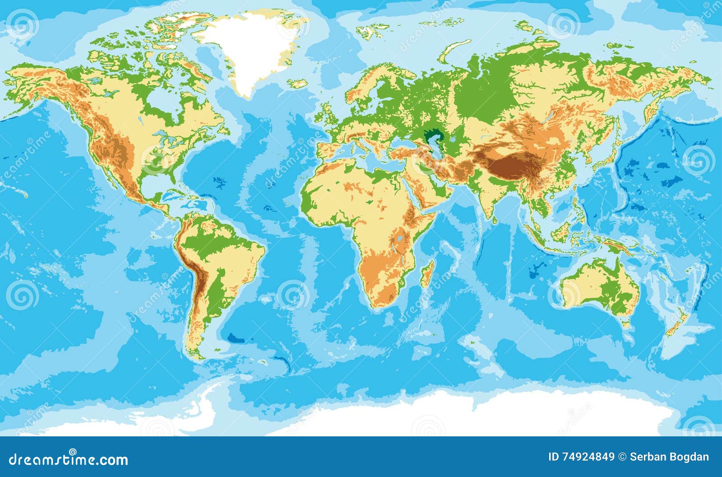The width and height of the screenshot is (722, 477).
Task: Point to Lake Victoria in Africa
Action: (x=399, y=238)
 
